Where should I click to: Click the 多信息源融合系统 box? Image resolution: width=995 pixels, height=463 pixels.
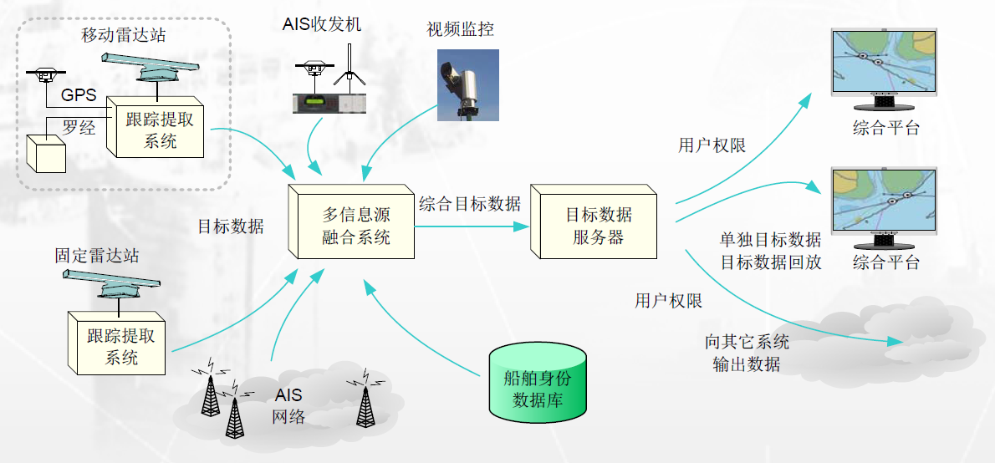pyautogui.click(x=356, y=226)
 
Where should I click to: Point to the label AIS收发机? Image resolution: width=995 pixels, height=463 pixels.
pyautogui.click(x=322, y=25)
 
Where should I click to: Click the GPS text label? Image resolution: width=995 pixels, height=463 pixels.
pyautogui.click(x=79, y=95)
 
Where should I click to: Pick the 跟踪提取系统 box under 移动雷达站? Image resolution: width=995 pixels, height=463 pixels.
pyautogui.click(x=160, y=130)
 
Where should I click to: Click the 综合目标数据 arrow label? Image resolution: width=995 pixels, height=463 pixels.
pyautogui.click(x=469, y=203)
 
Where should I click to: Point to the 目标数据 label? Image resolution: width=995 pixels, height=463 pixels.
pyautogui.click(x=231, y=226)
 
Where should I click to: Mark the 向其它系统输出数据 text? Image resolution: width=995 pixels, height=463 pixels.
pyautogui.click(x=747, y=354)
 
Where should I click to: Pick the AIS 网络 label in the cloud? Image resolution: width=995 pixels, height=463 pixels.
pyautogui.click(x=288, y=405)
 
